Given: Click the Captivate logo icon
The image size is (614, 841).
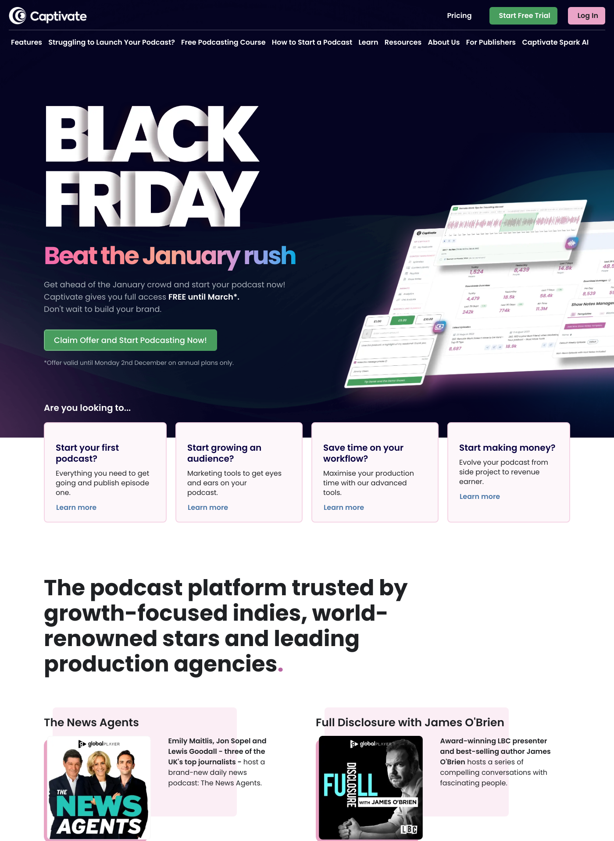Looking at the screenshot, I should coord(18,16).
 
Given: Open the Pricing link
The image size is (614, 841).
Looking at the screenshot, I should coord(459,16).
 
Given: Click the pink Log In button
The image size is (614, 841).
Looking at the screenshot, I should coord(587,16).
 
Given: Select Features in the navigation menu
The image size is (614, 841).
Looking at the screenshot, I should coord(26,42).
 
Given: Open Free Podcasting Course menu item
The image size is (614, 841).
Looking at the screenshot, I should coord(223,42).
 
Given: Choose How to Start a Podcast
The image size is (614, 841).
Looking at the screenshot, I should coord(312,42).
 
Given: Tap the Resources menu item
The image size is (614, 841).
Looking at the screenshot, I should coord(403,42).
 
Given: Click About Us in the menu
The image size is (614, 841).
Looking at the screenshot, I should coord(443,42).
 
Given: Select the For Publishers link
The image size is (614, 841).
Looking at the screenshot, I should coord(490,42).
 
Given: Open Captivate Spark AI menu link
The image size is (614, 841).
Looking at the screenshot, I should coord(555,42).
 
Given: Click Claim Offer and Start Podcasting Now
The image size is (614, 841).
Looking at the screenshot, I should coord(130,340).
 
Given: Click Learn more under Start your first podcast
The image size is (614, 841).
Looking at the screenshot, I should coord(76,508).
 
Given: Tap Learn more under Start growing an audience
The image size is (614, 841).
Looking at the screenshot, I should coord(208,508).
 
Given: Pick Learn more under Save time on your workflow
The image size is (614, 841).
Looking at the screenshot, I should coord(344,508).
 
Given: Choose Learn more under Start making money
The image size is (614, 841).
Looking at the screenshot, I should coord(480,497).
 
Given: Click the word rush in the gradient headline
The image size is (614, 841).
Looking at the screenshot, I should coord(270,256).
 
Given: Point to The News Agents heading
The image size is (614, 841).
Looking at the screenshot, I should coord(91,723).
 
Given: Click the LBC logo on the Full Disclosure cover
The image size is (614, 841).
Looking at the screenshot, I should coord(408,829).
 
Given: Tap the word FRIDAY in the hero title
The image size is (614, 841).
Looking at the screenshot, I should coord(152,199).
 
